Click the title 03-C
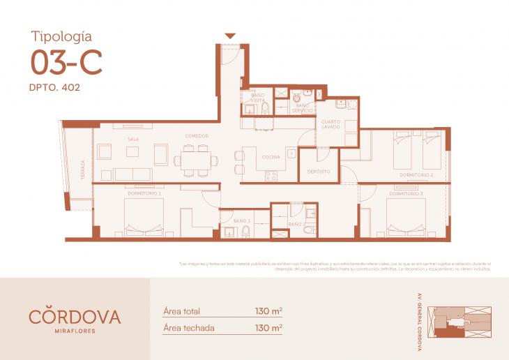coord(67,63)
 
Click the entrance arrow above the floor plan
coord(230,36)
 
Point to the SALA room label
coord(132,140)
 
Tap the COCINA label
coord(271,157)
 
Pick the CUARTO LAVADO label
coord(331,125)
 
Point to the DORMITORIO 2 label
coord(417,174)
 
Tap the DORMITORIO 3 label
coord(407,193)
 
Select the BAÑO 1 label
coord(242,220)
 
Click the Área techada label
coord(188,327)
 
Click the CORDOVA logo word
coord(75,316)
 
